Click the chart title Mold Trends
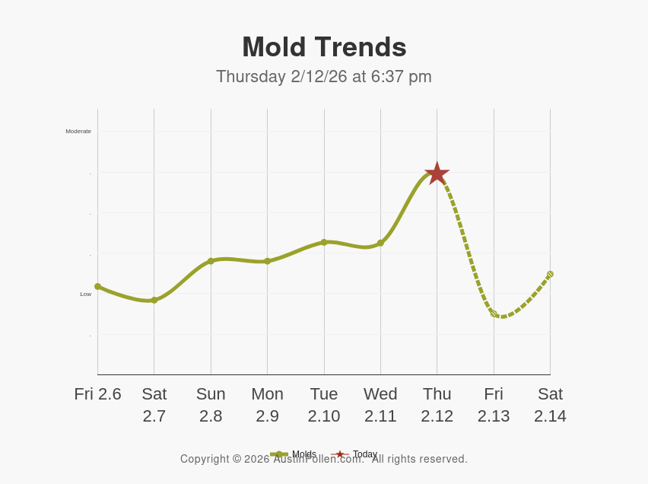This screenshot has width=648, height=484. point(324,47)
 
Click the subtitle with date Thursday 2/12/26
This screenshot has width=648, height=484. point(324,77)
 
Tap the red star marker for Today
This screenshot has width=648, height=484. point(437,174)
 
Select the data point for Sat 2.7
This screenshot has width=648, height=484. point(154,300)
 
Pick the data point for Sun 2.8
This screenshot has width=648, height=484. point(211,261)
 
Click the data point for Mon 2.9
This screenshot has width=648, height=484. point(267,261)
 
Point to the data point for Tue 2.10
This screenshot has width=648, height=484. point(324,242)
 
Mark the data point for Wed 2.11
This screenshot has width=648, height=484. point(380,243)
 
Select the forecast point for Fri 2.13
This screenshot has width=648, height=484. point(494,313)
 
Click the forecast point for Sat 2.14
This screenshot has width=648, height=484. point(550,274)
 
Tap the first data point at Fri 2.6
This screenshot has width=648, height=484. point(97,286)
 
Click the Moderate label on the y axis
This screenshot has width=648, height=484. point(78,132)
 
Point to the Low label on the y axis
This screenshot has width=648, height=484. point(86,294)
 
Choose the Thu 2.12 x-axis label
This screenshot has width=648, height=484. point(437,405)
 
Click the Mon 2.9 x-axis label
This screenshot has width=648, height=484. point(267,405)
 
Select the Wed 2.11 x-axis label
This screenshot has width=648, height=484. point(380,405)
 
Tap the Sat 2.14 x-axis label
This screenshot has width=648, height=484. point(550,405)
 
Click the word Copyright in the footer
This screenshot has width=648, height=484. point(205,459)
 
